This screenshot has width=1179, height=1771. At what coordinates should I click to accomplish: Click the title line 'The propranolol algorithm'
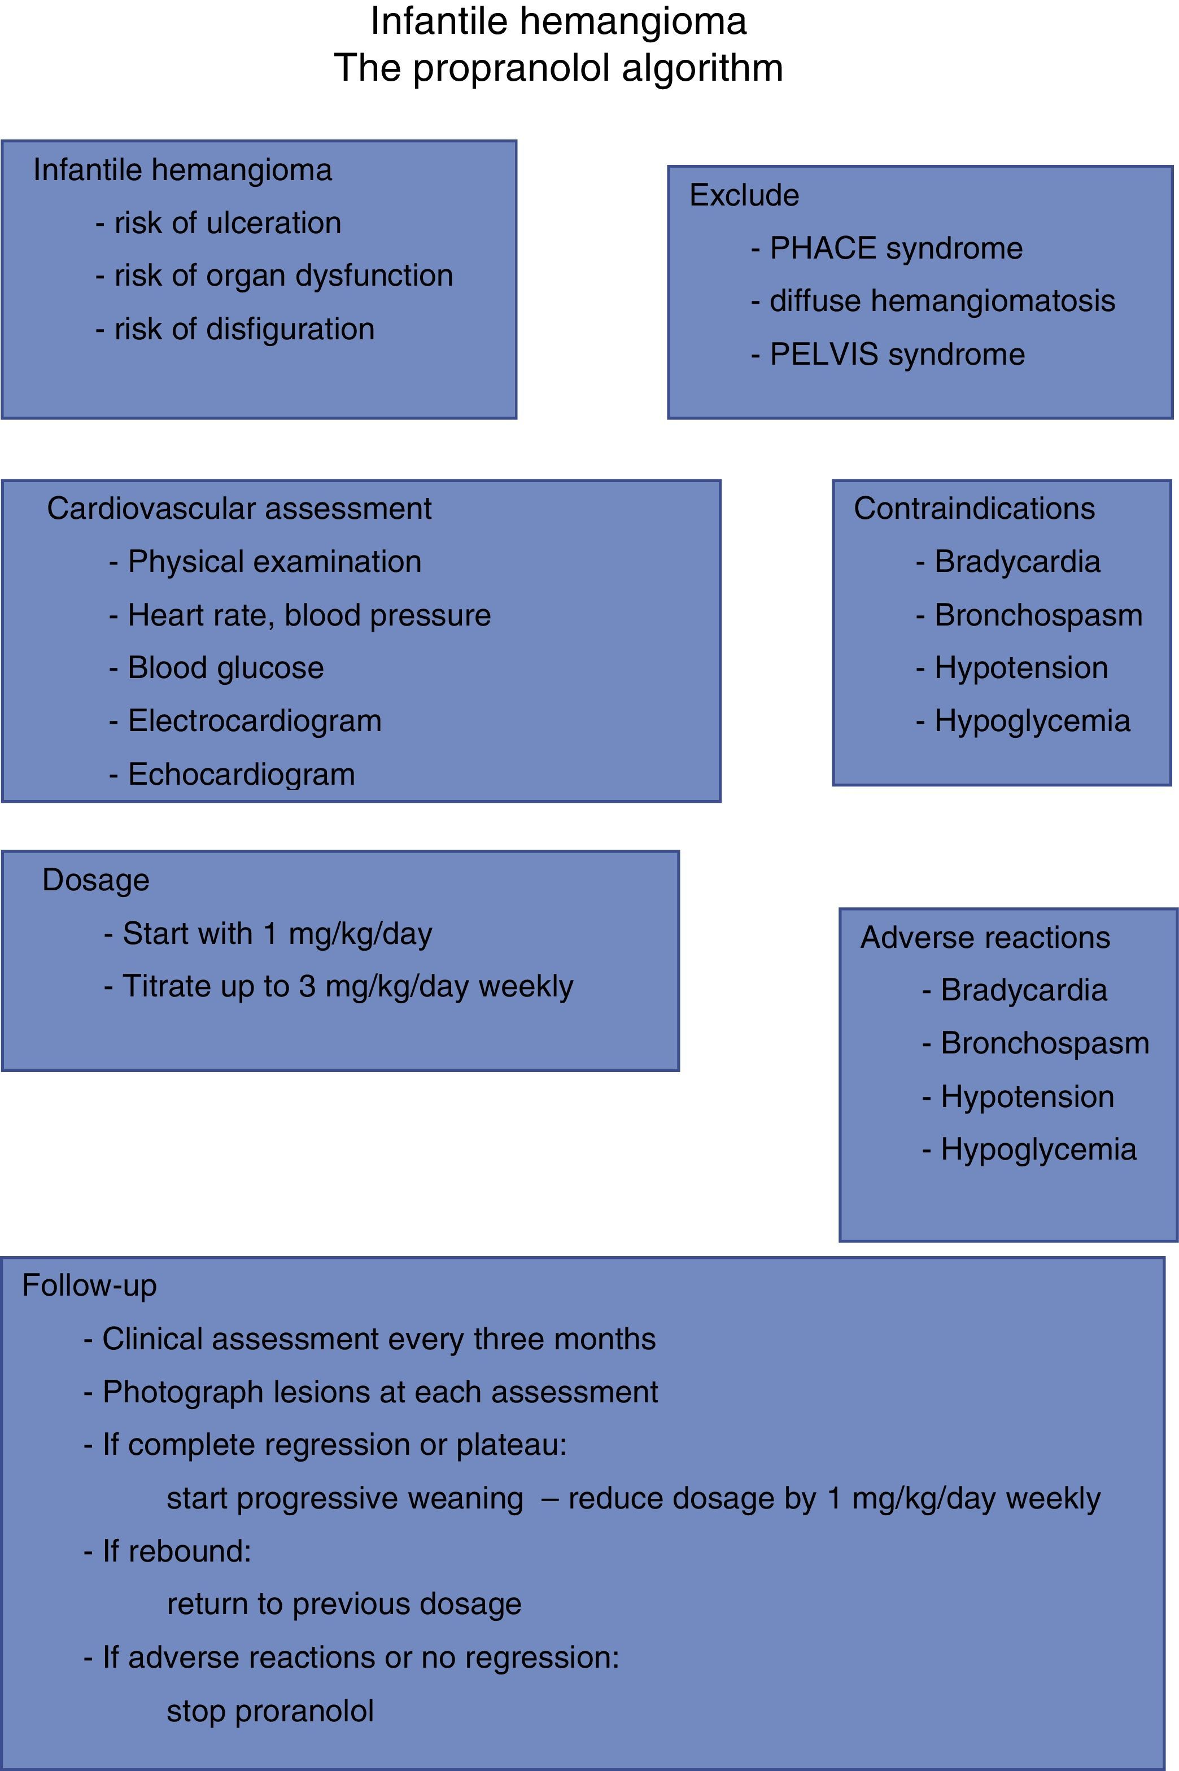pyautogui.click(x=558, y=68)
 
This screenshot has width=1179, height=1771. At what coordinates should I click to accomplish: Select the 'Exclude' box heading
pyautogui.click(x=744, y=195)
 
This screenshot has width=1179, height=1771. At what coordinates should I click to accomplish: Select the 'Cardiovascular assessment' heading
pyautogui.click(x=239, y=509)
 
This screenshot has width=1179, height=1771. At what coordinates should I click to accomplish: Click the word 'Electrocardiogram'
pyautogui.click(x=254, y=721)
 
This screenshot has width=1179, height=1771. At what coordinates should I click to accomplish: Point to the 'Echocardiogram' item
pyautogui.click(x=241, y=774)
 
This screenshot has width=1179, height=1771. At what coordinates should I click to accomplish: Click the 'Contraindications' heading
pyautogui.click(x=973, y=509)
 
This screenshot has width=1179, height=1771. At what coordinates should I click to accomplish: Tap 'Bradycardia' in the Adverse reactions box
pyautogui.click(x=1023, y=990)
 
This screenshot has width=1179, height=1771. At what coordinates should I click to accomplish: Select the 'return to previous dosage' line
pyautogui.click(x=344, y=1603)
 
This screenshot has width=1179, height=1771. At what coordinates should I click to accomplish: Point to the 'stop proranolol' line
pyautogui.click(x=270, y=1710)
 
